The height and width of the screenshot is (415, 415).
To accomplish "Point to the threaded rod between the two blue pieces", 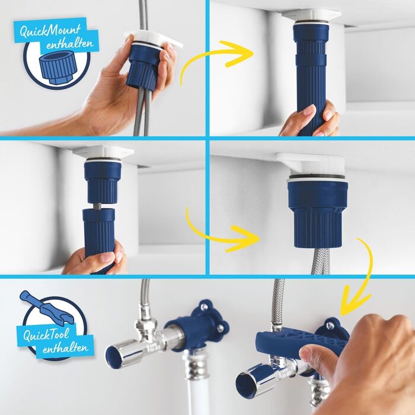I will tap(101, 205).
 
